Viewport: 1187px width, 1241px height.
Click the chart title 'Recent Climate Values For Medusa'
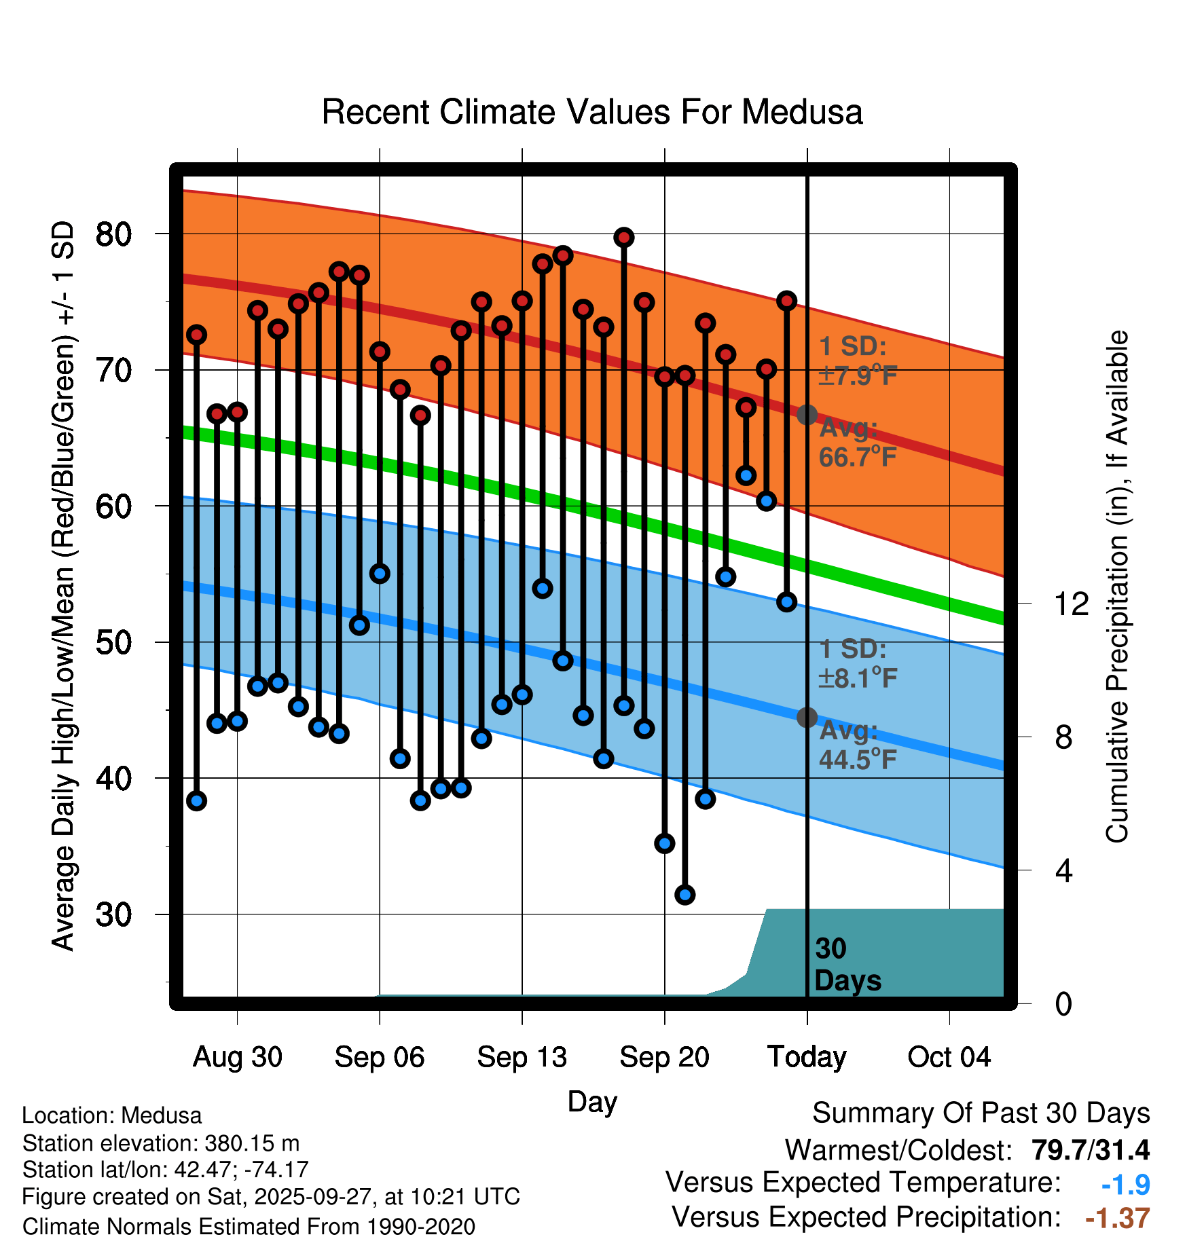[591, 112]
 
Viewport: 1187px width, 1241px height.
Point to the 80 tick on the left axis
[113, 234]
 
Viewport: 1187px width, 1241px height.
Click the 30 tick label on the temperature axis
[113, 914]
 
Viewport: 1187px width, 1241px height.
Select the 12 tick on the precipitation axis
[1071, 604]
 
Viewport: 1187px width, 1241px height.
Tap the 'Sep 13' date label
[522, 1057]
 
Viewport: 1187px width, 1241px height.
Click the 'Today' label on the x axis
[807, 1057]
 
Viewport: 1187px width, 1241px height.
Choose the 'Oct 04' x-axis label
[949, 1057]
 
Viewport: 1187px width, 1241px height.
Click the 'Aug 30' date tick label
[237, 1057]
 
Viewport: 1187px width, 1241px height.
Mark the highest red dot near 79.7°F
[624, 238]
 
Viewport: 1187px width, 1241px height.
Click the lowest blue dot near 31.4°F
[684, 895]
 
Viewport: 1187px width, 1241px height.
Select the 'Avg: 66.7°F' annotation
[857, 443]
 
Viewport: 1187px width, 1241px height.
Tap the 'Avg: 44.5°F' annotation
[857, 745]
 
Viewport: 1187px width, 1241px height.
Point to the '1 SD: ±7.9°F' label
[857, 360]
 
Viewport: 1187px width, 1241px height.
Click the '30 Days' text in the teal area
[847, 965]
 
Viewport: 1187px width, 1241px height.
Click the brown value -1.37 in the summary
[1117, 1218]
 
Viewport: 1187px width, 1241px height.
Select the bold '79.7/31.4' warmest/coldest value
[1090, 1150]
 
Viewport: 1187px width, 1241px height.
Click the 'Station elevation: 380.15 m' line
[161, 1143]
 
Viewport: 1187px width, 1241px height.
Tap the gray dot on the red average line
[807, 414]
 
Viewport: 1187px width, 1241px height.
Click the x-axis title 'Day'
[592, 1101]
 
